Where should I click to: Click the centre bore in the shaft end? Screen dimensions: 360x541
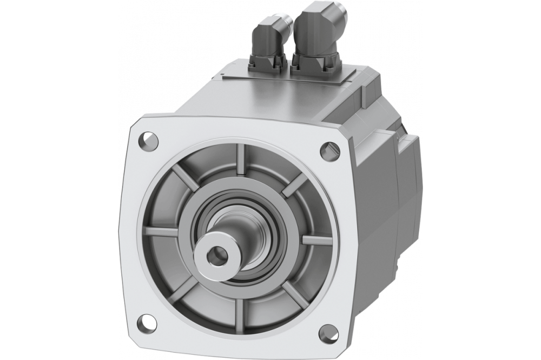point(216,252)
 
